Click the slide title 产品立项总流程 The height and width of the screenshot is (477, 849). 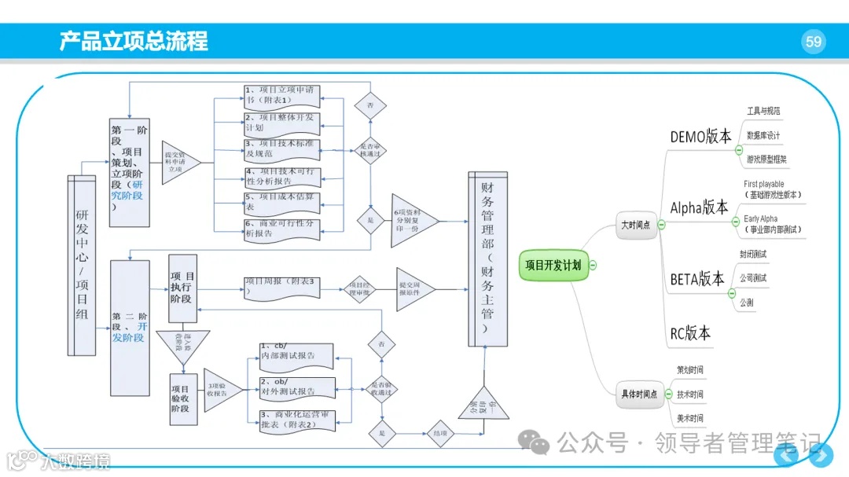pyautogui.click(x=134, y=41)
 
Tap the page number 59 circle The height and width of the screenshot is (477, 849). pyautogui.click(x=814, y=42)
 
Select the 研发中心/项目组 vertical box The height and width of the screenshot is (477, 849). pyautogui.click(x=82, y=266)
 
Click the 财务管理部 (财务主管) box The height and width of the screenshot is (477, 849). pyautogui.click(x=487, y=259)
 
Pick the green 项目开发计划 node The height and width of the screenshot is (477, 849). pyautogui.click(x=553, y=266)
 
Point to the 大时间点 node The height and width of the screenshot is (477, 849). pyautogui.click(x=635, y=225)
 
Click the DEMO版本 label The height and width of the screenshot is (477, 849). pyautogui.click(x=700, y=136)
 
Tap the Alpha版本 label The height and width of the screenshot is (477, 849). pyautogui.click(x=699, y=208)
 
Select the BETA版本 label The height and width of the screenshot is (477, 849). pyautogui.click(x=696, y=279)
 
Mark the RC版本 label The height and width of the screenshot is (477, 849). pyautogui.click(x=689, y=333)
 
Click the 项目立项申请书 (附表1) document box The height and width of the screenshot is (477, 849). pyautogui.click(x=281, y=95)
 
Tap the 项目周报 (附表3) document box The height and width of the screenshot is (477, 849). pyautogui.click(x=281, y=286)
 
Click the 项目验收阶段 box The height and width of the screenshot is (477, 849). pyautogui.click(x=183, y=399)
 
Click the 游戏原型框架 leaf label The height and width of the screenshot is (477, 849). pyautogui.click(x=766, y=160)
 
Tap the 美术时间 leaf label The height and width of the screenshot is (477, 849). pyautogui.click(x=689, y=418)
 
